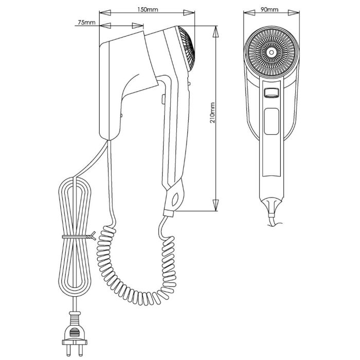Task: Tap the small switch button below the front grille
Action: (271, 93)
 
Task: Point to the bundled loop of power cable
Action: (76, 237)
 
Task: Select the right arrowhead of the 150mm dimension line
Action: (194, 15)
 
